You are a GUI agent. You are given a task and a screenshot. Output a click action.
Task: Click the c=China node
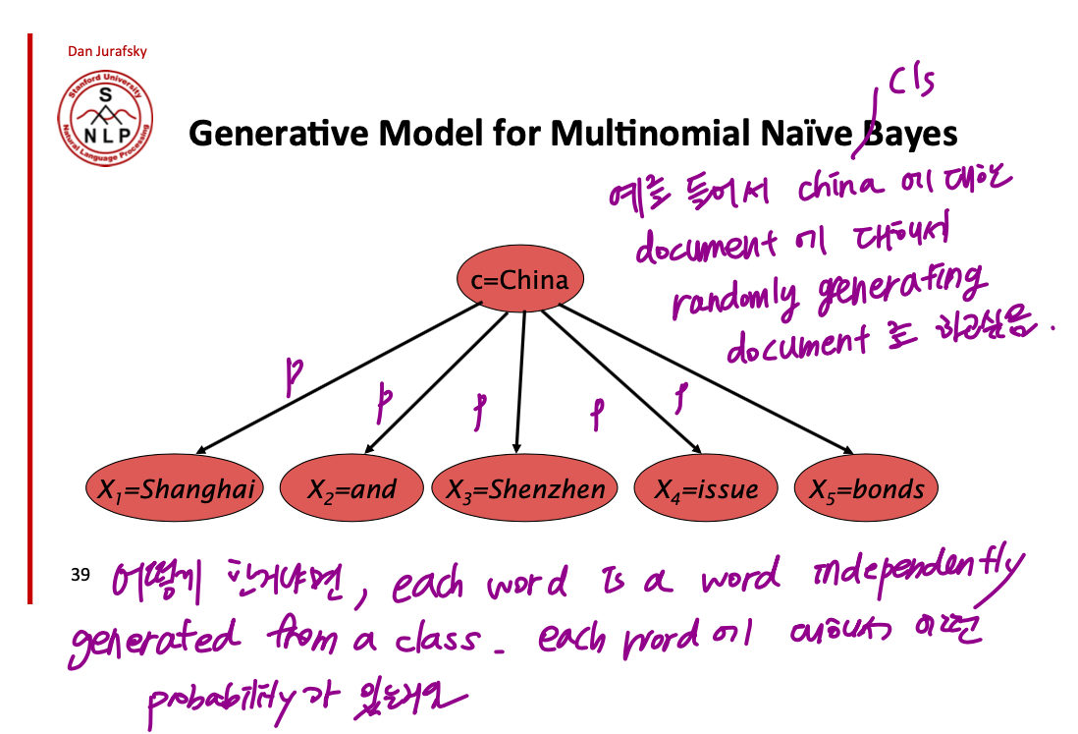(x=519, y=280)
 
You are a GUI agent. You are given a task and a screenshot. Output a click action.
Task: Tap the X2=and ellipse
(x=351, y=488)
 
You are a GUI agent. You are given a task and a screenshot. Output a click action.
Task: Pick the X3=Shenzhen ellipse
(x=525, y=488)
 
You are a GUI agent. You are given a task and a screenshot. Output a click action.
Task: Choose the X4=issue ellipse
(x=706, y=488)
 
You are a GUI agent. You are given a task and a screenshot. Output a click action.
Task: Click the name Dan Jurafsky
(x=107, y=51)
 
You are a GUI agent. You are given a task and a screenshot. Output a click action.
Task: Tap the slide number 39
(x=81, y=573)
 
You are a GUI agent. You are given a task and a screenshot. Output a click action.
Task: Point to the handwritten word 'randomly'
(x=735, y=298)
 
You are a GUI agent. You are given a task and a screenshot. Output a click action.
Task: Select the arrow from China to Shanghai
(x=334, y=378)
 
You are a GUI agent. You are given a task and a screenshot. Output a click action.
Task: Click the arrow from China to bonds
(x=702, y=378)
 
